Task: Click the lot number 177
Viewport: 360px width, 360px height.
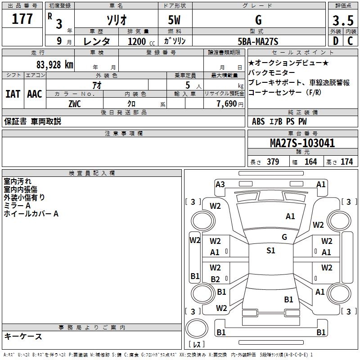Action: coord(22,20)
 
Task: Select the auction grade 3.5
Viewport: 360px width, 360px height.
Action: coord(342,20)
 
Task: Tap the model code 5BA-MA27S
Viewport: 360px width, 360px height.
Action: coord(258,41)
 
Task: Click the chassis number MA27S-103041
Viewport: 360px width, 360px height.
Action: coord(302,144)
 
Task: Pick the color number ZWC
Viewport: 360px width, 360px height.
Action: coord(75,103)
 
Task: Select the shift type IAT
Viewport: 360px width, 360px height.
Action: coord(13,94)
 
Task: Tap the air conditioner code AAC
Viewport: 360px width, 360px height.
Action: coord(34,94)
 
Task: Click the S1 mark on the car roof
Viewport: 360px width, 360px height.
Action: coord(270,251)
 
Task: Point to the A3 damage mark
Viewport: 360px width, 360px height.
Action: coord(220,184)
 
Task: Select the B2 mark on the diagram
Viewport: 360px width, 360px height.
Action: coord(215,279)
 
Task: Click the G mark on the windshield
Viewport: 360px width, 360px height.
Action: coord(284,237)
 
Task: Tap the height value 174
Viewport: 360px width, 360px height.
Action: coord(346,162)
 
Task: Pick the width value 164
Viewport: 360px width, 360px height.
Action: coord(310,162)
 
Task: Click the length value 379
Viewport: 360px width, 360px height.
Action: coord(272,162)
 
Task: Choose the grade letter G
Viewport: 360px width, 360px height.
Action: coord(258,20)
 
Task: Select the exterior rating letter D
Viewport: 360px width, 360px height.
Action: coord(335,41)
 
